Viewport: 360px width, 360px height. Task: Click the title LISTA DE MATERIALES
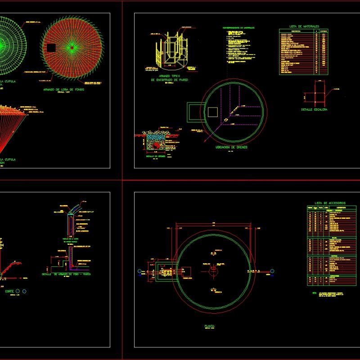304,27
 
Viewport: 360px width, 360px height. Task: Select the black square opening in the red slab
51,47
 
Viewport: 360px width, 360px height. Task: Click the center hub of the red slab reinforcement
71,47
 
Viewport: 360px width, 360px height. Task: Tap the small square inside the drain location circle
212,112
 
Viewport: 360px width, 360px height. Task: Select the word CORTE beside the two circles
9,292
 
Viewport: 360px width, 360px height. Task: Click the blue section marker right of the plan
272,270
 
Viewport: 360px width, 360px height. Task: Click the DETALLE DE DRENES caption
155,156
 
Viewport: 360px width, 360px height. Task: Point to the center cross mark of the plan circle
212,269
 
